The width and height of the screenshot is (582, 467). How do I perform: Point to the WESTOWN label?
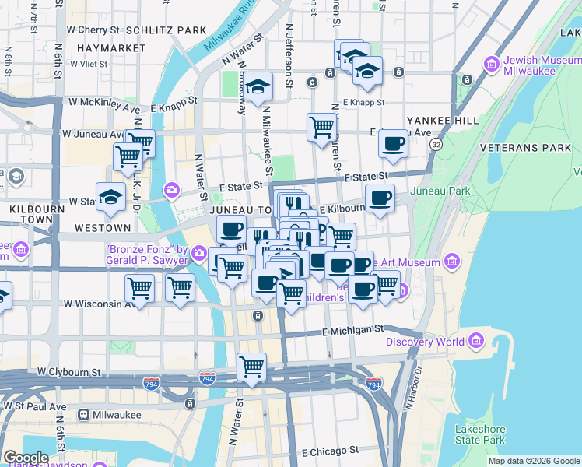[x=103, y=228]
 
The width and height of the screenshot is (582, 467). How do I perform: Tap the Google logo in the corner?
[x=25, y=457]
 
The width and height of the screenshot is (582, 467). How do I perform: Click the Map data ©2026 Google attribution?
[x=534, y=461]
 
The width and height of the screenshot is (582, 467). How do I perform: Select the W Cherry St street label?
[x=93, y=30]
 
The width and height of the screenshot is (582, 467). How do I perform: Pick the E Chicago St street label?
[x=330, y=451]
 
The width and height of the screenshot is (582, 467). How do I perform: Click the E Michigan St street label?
[x=353, y=332]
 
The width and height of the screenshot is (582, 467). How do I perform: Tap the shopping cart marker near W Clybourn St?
[x=251, y=367]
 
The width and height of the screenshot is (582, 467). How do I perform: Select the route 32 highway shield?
[x=436, y=145]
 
